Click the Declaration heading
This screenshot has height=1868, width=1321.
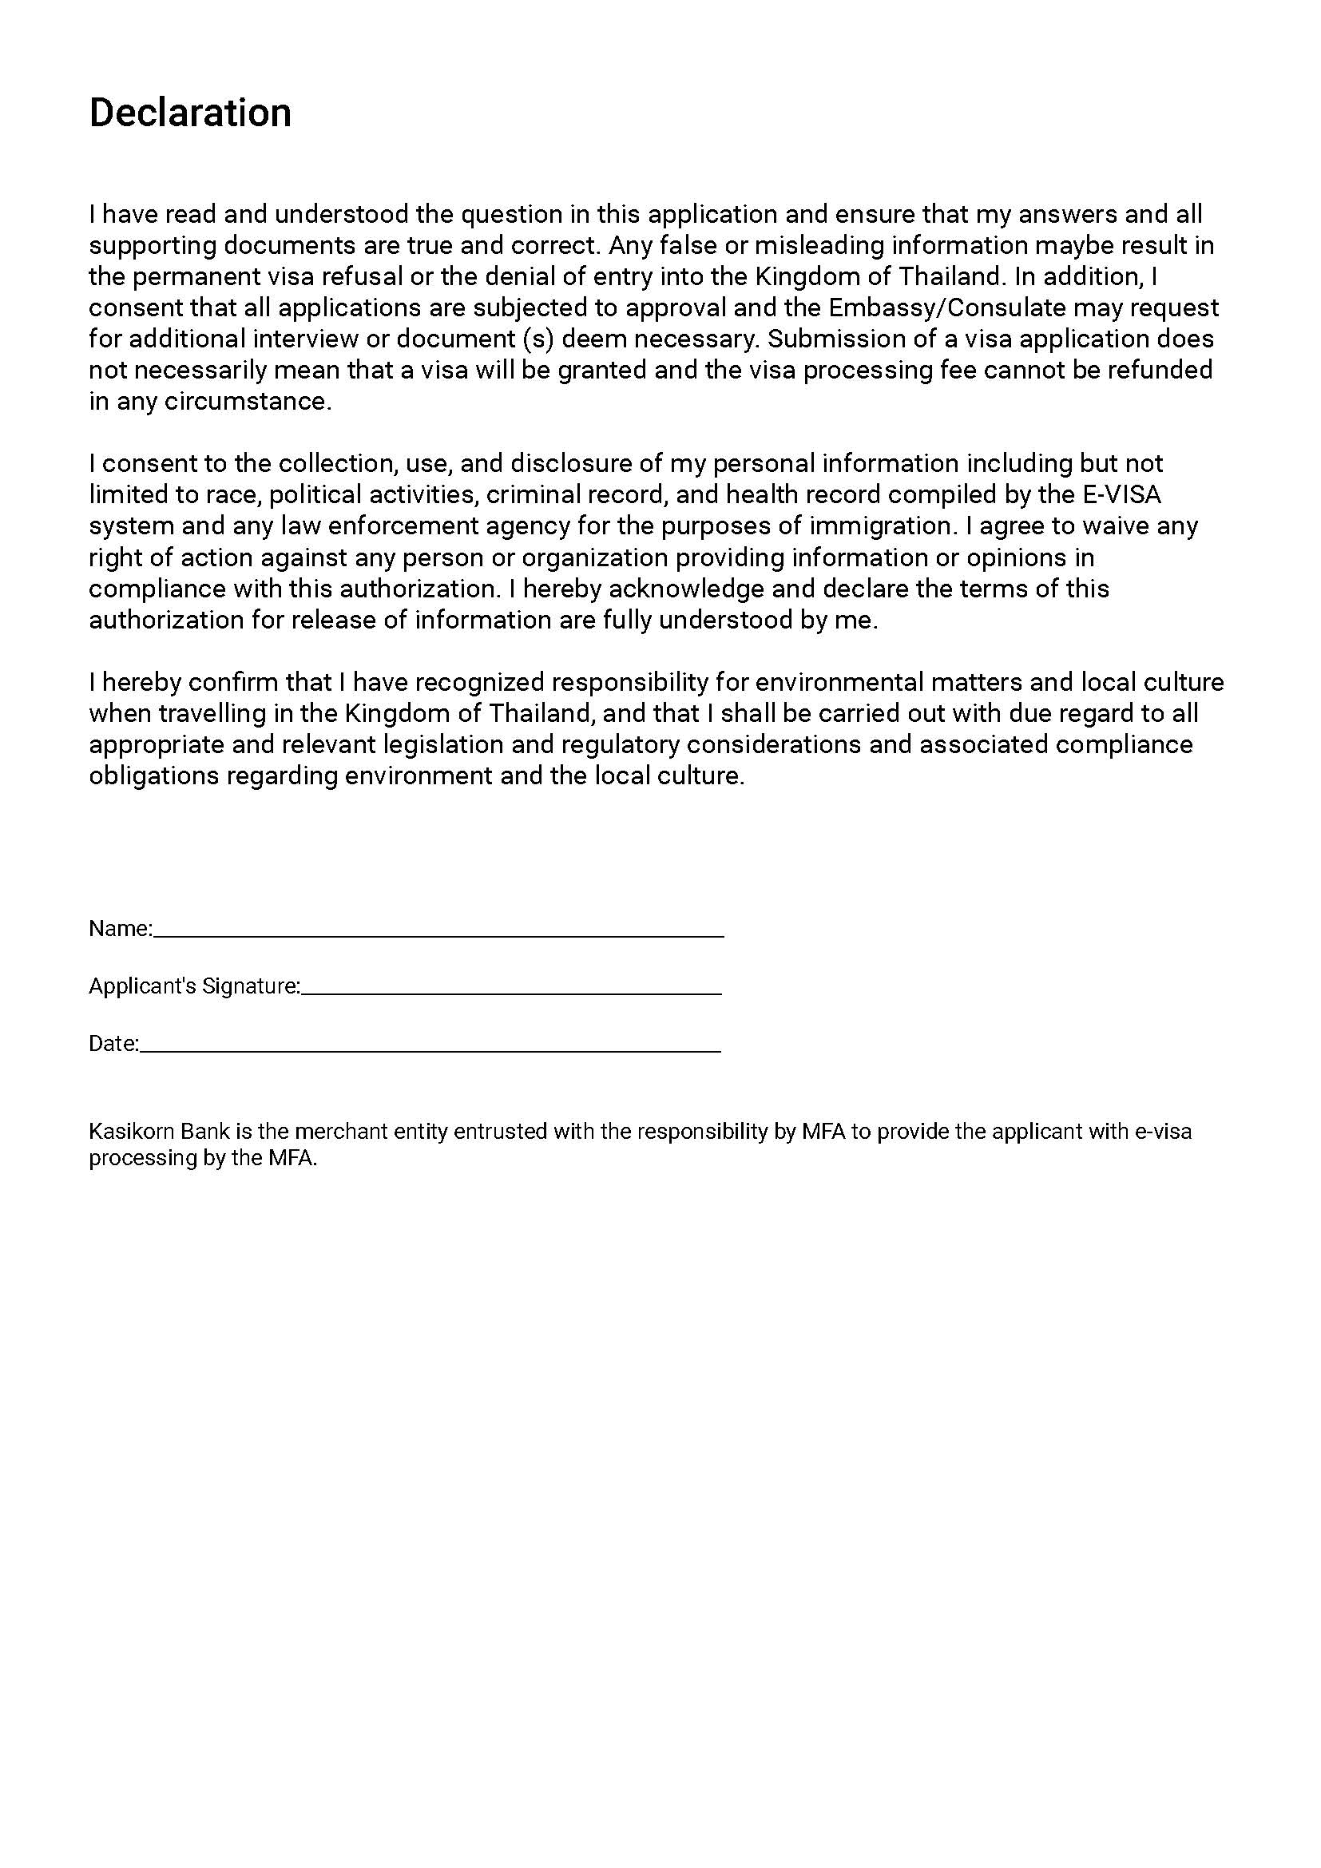pyautogui.click(x=189, y=113)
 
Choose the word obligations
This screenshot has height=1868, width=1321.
pyautogui.click(x=153, y=775)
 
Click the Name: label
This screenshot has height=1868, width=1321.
pyautogui.click(x=120, y=929)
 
